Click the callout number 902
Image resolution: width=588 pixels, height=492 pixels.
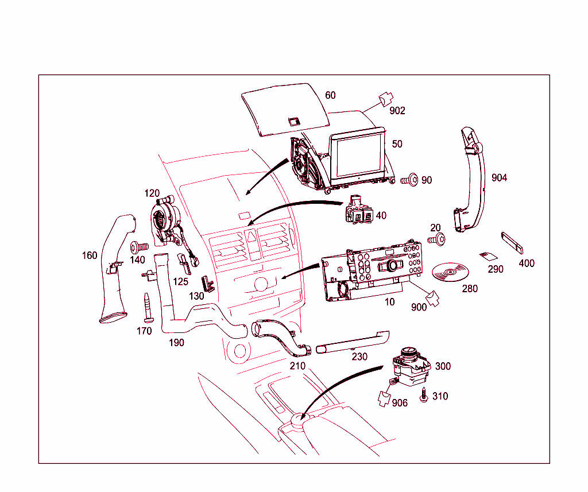(397, 111)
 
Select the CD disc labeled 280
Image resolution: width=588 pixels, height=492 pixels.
(449, 272)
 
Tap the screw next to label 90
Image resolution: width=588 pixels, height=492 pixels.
(410, 180)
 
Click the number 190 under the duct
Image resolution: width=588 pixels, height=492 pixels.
(176, 343)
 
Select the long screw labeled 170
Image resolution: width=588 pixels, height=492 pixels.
(148, 308)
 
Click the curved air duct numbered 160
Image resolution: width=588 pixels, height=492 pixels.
(117, 270)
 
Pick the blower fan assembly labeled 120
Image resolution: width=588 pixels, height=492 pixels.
(165, 221)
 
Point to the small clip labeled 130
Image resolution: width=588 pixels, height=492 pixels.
(207, 284)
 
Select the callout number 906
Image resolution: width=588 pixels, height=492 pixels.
(400, 403)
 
